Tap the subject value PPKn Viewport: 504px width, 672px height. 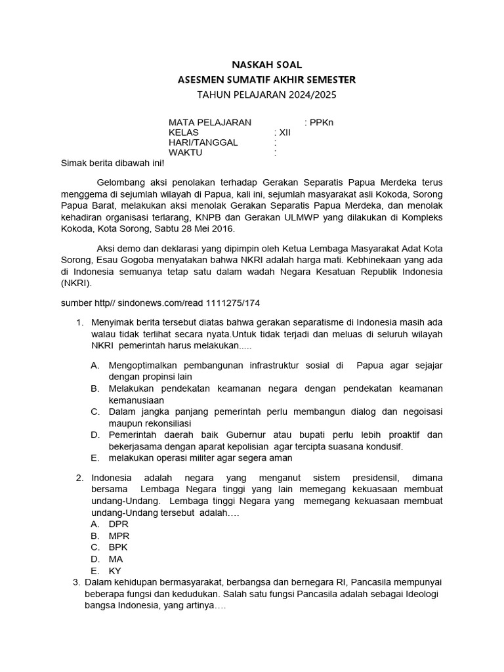pyautogui.click(x=321, y=122)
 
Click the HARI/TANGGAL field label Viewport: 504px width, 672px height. pyautogui.click(x=203, y=142)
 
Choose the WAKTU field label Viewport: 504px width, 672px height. pyautogui.click(x=186, y=152)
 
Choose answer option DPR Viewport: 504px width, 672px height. pyautogui.click(x=119, y=524)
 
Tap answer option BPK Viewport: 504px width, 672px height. pyautogui.click(x=119, y=547)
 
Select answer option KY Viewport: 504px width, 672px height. pyautogui.click(x=115, y=571)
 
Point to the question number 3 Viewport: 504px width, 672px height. pyautogui.click(x=76, y=582)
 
